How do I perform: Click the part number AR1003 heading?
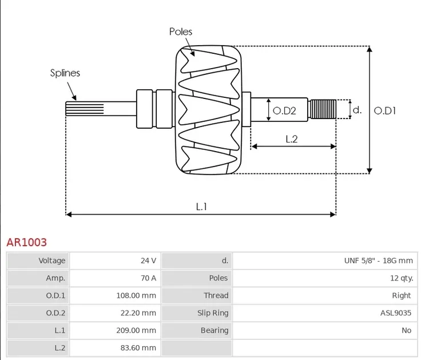click(x=27, y=243)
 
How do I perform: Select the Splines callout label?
click(x=65, y=73)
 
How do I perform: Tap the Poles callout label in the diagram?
click(x=181, y=31)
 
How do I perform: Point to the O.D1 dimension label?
click(x=385, y=110)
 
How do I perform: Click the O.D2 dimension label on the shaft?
click(x=284, y=110)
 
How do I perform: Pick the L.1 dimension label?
click(x=201, y=207)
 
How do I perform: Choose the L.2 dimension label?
click(x=291, y=139)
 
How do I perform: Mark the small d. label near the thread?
click(x=357, y=109)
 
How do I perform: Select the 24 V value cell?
click(x=114, y=260)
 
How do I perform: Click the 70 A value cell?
click(x=114, y=278)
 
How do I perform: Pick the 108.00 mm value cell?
click(x=114, y=295)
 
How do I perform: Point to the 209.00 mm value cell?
click(x=114, y=330)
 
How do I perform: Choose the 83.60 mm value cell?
click(x=114, y=347)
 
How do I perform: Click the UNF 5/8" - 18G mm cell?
click(x=324, y=260)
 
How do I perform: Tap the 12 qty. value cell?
click(x=324, y=278)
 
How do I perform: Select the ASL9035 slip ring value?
click(x=324, y=313)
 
